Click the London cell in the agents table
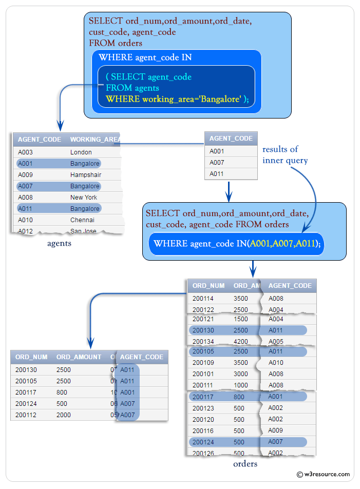point(81,152)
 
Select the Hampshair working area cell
point(85,175)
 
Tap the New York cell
point(84,198)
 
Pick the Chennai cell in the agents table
point(82,220)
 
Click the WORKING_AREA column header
point(95,140)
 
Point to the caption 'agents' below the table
point(59,243)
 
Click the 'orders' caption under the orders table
point(245,464)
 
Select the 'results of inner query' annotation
point(285,155)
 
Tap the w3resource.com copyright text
point(324,474)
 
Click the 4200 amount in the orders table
point(241,342)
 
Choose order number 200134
point(203,342)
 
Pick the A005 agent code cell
point(276,342)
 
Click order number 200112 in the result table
point(26,415)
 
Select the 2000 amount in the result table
point(64,415)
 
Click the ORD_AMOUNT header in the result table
point(79,357)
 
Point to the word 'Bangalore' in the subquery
point(221,99)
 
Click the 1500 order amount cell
point(241,319)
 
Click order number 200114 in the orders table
point(203,299)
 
